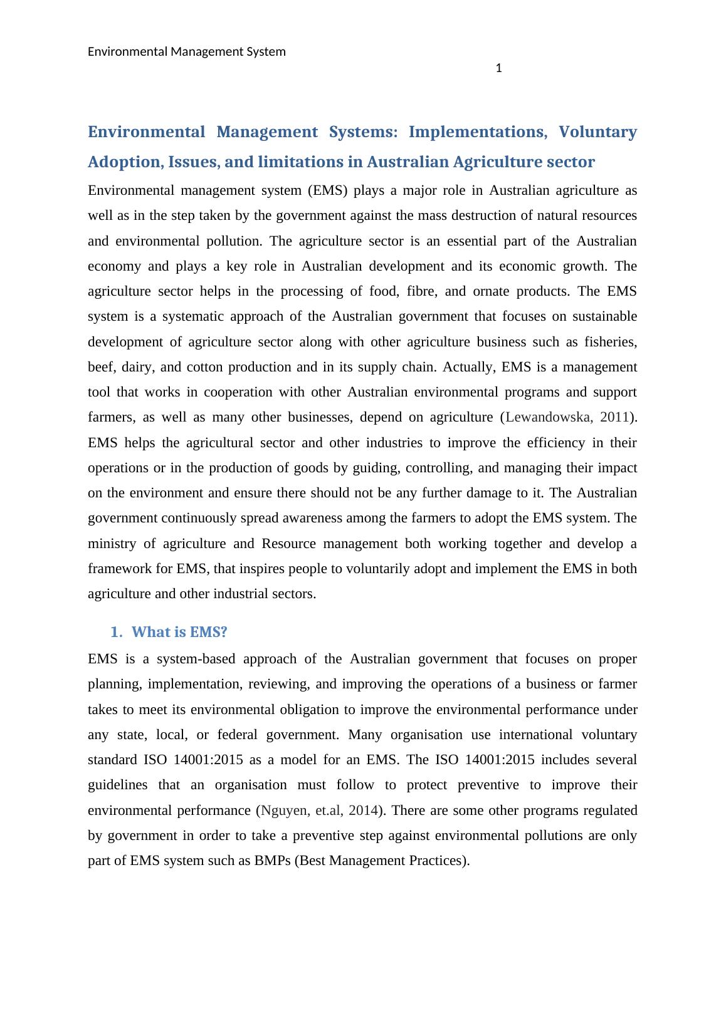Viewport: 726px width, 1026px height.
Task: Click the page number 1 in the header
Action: [x=498, y=68]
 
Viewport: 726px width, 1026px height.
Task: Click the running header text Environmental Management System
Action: [x=186, y=51]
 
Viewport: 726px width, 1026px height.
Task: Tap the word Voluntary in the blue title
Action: [x=597, y=132]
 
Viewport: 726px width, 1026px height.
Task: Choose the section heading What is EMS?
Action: [x=179, y=632]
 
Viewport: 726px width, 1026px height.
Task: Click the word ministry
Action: [x=112, y=544]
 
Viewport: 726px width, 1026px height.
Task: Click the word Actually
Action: [x=468, y=367]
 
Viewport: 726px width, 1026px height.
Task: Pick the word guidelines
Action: [x=118, y=785]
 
